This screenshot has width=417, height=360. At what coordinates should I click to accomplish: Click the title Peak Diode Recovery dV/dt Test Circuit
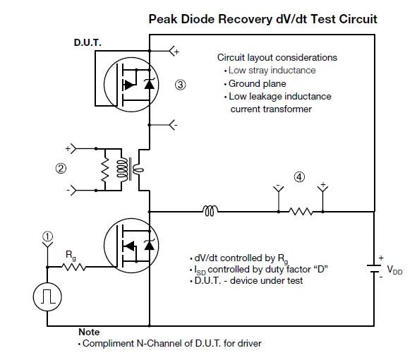[262, 19]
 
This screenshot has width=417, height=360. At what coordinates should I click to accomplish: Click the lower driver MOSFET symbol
[134, 245]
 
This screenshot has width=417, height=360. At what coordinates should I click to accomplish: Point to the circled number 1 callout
[47, 237]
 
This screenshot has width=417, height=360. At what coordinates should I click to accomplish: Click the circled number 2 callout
[61, 169]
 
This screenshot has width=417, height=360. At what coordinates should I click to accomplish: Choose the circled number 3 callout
[181, 85]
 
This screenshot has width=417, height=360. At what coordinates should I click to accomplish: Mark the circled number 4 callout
[299, 177]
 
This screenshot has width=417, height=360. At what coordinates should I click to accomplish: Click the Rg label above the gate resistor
[71, 253]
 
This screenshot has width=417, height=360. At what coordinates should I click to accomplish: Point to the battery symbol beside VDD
[374, 269]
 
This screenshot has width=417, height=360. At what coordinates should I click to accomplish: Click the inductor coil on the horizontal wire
[210, 210]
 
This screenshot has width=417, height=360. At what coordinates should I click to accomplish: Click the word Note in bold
[89, 332]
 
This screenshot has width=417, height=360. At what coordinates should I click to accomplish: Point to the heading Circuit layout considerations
[277, 57]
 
